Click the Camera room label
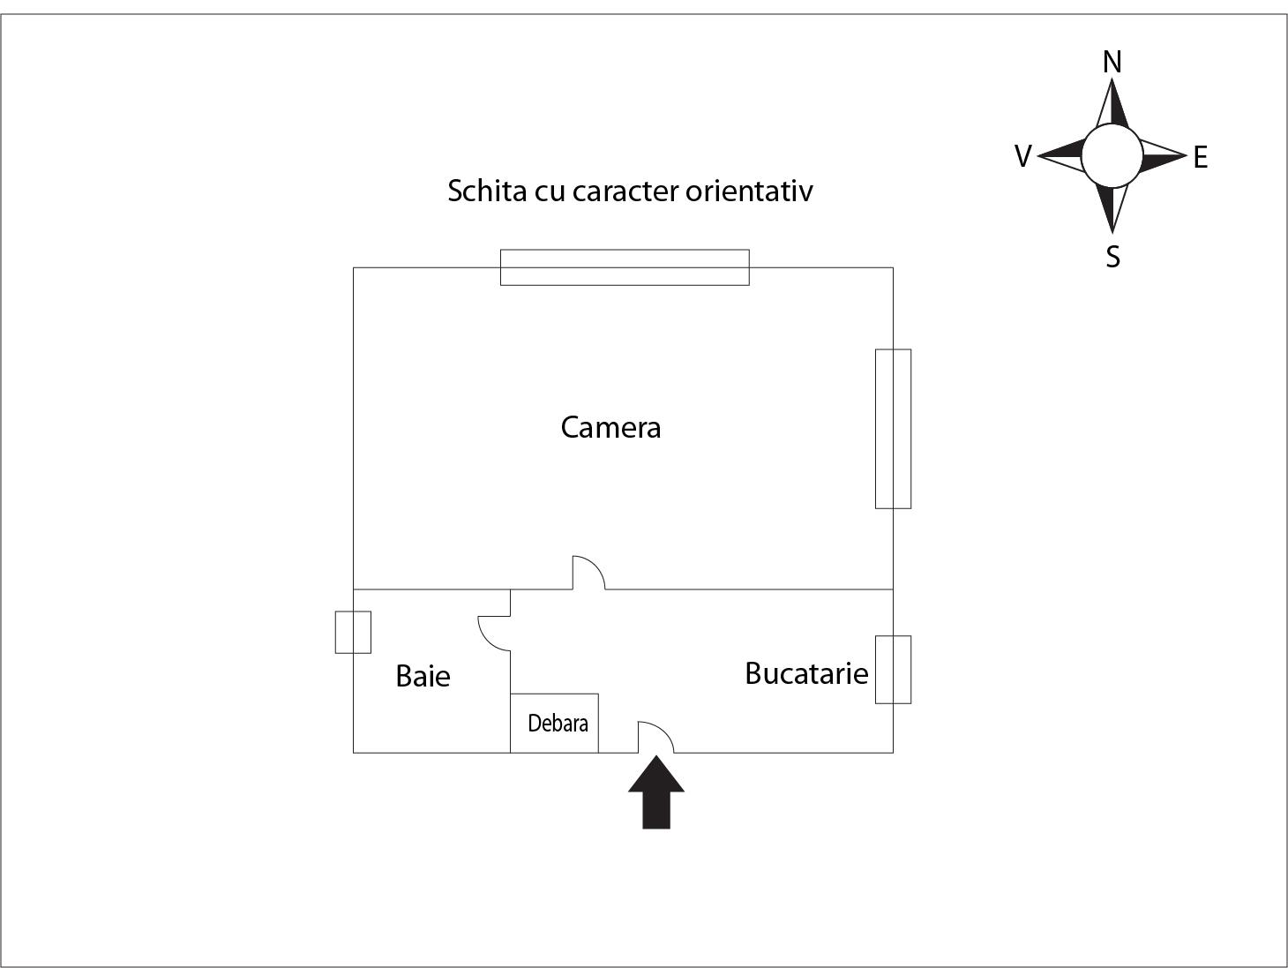tap(610, 428)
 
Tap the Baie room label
tap(423, 676)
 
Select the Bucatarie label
tap(806, 673)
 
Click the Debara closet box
tap(555, 723)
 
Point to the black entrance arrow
tap(656, 792)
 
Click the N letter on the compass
tap(1112, 62)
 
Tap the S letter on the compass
tap(1112, 257)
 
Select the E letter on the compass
tap(1201, 157)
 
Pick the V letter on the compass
tap(1022, 156)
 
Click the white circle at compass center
tap(1112, 156)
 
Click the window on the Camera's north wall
tap(625, 267)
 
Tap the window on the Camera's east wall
tap(893, 429)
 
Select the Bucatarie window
tap(893, 670)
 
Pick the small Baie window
tap(353, 632)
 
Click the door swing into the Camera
tap(588, 573)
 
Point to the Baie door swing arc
tap(494, 634)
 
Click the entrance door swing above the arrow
tap(656, 737)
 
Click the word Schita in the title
tap(487, 191)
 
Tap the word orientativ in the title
tap(749, 191)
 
